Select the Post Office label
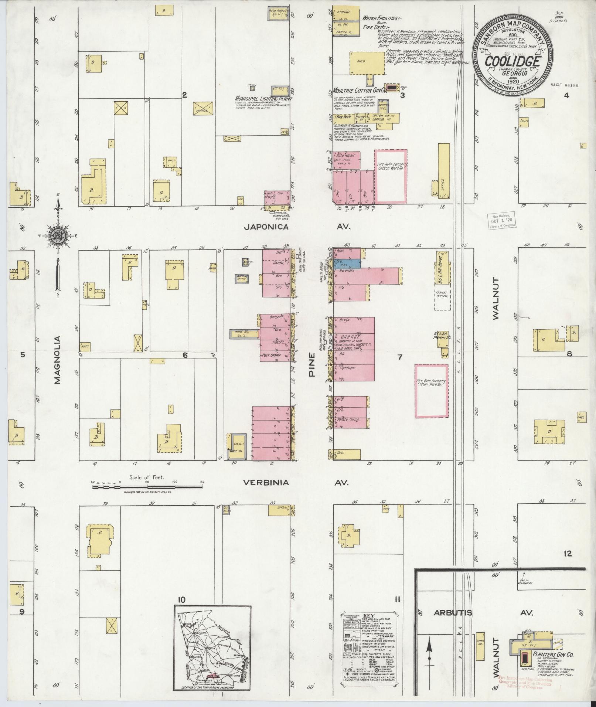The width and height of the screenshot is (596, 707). click(x=271, y=356)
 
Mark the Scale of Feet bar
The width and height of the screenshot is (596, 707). click(x=147, y=487)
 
